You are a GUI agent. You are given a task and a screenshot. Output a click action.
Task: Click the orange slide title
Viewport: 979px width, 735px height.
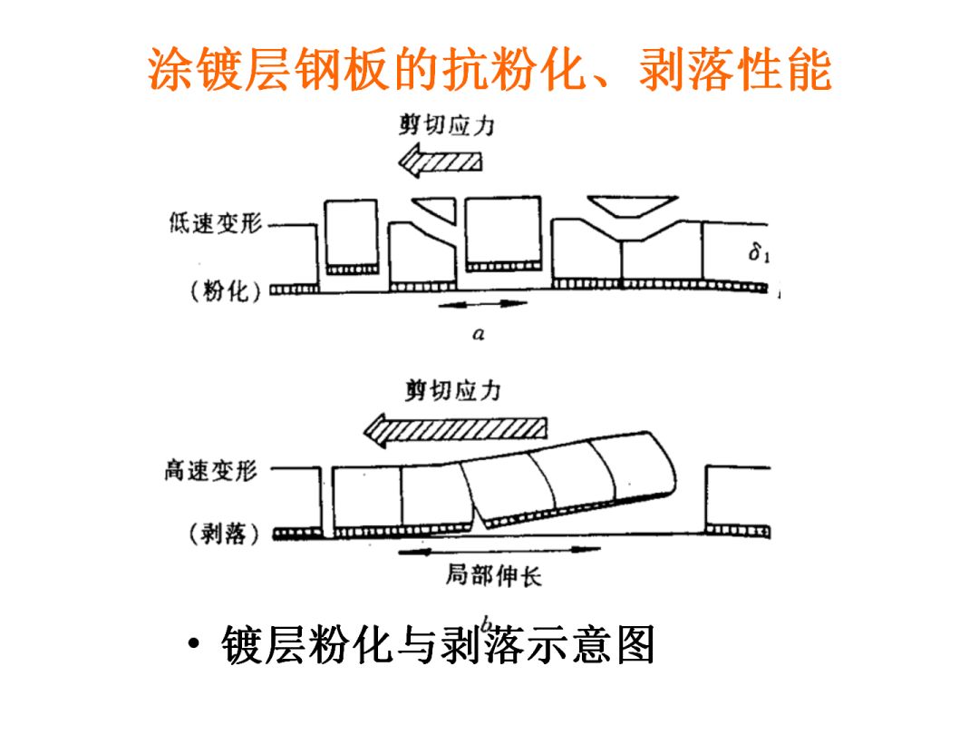coord(489,70)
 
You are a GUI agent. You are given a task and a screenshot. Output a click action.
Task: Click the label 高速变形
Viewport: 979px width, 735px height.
coord(211,469)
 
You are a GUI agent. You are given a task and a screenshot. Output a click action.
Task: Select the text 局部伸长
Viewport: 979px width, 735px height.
coord(492,576)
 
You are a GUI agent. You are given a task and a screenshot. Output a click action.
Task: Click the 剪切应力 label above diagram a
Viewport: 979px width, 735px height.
coord(447,125)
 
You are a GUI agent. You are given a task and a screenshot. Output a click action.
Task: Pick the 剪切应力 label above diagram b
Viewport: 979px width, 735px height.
coord(452,391)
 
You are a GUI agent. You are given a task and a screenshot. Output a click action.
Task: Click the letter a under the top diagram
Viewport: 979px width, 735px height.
coord(479,334)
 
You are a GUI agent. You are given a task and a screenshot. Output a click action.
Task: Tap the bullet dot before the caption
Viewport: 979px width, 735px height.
coord(192,646)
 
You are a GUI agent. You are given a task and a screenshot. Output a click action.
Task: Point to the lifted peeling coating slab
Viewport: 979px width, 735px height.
coord(571,479)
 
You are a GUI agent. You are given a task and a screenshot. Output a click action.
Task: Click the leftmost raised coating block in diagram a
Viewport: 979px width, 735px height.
coord(351,234)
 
